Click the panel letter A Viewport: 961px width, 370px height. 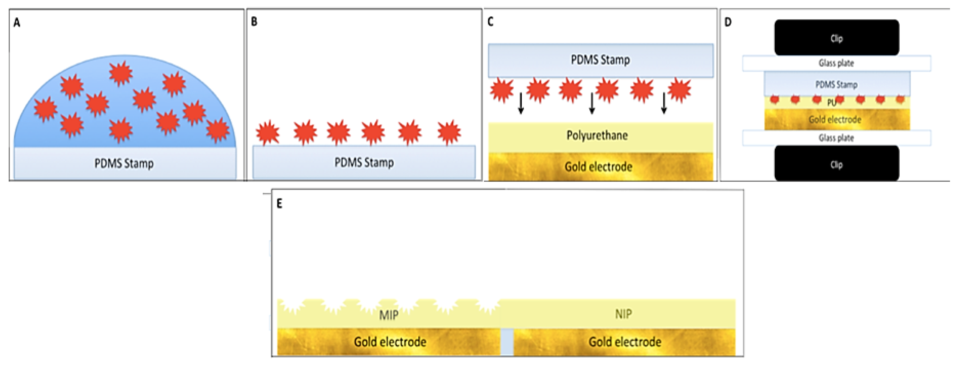[17, 23]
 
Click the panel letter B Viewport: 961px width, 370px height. [254, 22]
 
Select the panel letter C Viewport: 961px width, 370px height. [490, 22]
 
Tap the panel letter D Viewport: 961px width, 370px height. [728, 22]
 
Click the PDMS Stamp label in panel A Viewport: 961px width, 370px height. [124, 164]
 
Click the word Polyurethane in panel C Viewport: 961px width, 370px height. [597, 135]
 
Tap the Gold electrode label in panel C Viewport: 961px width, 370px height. [598, 166]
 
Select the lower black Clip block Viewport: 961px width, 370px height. [836, 164]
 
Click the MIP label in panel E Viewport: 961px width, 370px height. [389, 315]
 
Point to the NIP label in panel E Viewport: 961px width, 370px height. [623, 314]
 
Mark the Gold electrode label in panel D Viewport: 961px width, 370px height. [835, 120]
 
